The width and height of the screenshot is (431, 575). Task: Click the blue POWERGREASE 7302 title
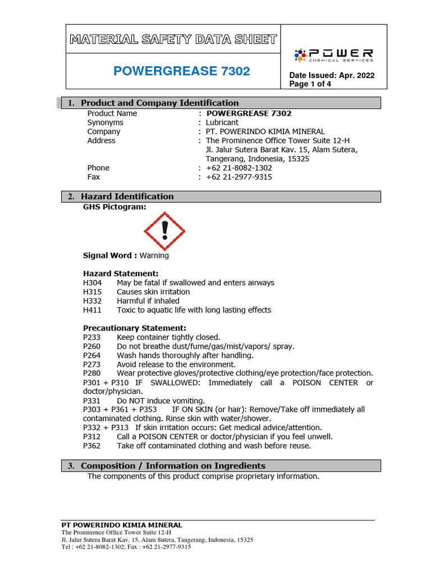[181, 71]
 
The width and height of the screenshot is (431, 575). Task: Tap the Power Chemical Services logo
[333, 55]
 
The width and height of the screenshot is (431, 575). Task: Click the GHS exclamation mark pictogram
[164, 231]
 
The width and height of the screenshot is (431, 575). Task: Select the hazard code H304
[93, 283]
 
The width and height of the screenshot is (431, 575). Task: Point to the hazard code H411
[93, 310]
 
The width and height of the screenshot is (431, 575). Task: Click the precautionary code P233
[93, 337]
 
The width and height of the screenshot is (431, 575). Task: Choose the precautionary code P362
[93, 446]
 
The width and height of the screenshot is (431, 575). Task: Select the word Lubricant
[222, 122]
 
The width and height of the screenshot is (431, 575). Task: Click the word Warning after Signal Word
[154, 255]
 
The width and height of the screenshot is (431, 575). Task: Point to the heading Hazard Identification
[127, 197]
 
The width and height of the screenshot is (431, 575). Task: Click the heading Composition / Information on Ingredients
[173, 466]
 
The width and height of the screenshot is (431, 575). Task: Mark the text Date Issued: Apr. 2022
[332, 76]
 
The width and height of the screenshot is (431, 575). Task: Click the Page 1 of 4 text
[310, 84]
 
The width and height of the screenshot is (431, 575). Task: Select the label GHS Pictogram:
[114, 207]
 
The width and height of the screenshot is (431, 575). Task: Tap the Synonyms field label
[105, 122]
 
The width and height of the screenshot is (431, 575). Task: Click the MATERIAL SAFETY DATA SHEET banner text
[173, 39]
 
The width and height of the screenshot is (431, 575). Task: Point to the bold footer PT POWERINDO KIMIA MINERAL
[121, 525]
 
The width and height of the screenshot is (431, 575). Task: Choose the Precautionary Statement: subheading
[135, 328]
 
